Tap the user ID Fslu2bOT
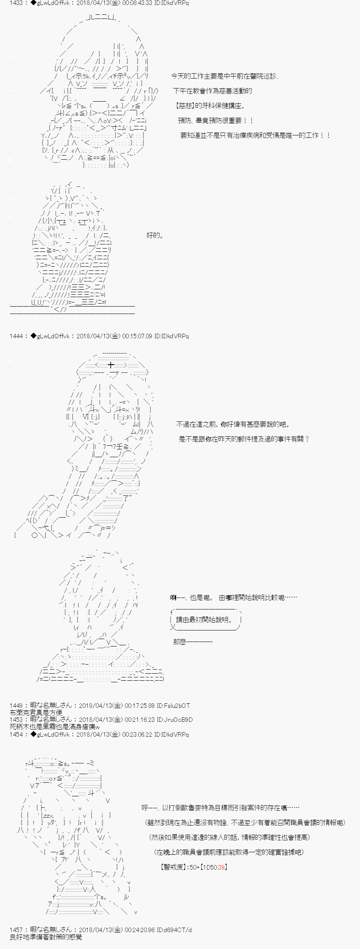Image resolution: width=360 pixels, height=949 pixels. pyautogui.click(x=176, y=705)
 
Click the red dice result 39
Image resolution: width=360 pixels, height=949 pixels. pyautogui.click(x=221, y=867)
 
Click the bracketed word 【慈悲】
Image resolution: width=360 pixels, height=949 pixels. pyautogui.click(x=185, y=106)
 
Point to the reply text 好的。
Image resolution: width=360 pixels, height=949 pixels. pyautogui.click(x=155, y=235)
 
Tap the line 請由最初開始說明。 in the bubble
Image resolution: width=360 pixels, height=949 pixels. pyautogui.click(x=203, y=619)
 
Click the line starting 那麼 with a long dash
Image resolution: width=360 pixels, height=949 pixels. pyautogui.click(x=193, y=642)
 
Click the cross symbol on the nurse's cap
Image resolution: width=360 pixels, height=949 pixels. pyautogui.click(x=111, y=365)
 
